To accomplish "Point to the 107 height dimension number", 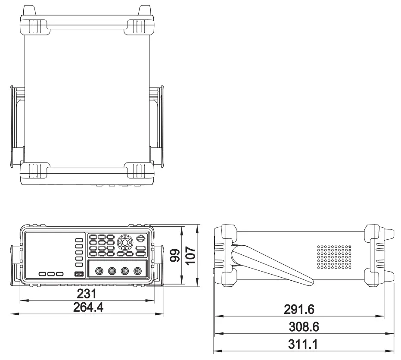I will pyautogui.click(x=190, y=255).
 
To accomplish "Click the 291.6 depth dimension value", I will pyautogui.click(x=299, y=309).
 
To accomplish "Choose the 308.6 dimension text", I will pyautogui.click(x=304, y=327).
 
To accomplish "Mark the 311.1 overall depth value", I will pyautogui.click(x=304, y=345).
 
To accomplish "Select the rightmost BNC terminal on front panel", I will pyautogui.click(x=137, y=271).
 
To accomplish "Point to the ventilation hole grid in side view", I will pyautogui.click(x=334, y=257).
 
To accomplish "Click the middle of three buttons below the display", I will pyautogui.click(x=51, y=274).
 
